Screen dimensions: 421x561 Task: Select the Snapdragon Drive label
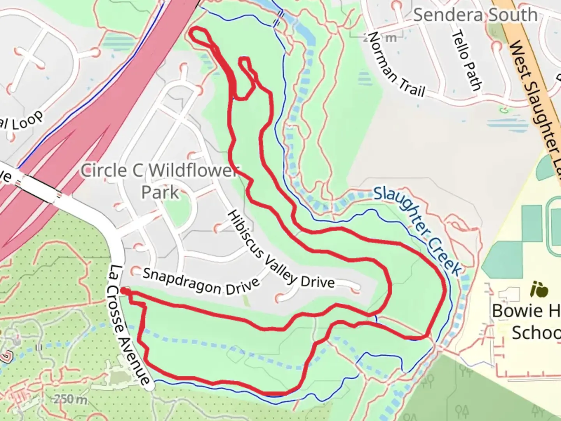pyautogui.click(x=201, y=281)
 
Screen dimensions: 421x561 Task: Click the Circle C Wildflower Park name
pyautogui.click(x=160, y=181)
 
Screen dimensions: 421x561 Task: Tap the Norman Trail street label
pyautogui.click(x=395, y=64)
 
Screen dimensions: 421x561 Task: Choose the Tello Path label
pyautogui.click(x=466, y=60)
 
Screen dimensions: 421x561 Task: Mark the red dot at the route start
pyautogui.click(x=123, y=290)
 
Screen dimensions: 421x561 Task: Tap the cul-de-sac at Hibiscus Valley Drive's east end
pyautogui.click(x=356, y=289)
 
